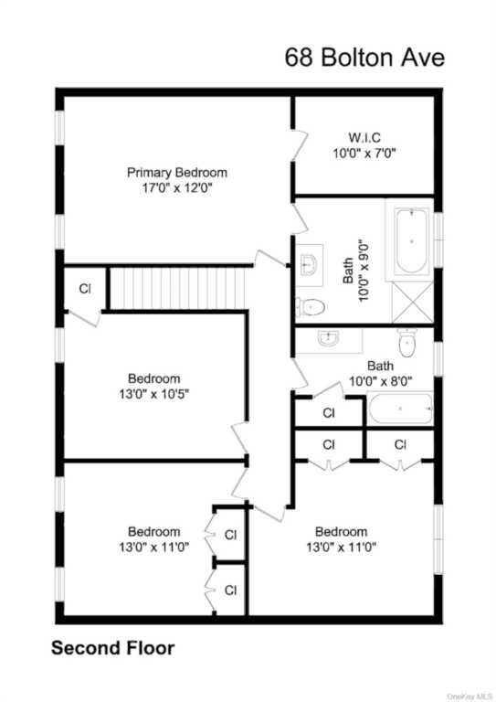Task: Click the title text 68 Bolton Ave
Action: (x=364, y=58)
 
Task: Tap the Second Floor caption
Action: (x=112, y=648)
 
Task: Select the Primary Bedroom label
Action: (x=177, y=173)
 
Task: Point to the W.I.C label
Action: (x=364, y=137)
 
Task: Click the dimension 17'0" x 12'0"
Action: (x=177, y=187)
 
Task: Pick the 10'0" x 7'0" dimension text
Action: (x=364, y=154)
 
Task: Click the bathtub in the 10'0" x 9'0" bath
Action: (x=411, y=241)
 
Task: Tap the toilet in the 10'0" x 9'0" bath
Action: (x=310, y=307)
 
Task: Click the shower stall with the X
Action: (x=412, y=303)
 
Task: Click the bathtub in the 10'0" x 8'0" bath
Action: (x=400, y=409)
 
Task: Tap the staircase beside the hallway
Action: (x=179, y=287)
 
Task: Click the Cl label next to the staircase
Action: (x=85, y=289)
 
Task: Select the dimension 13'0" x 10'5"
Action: (x=154, y=394)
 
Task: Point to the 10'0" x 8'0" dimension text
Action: (x=381, y=381)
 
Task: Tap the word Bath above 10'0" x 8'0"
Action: (x=381, y=366)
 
